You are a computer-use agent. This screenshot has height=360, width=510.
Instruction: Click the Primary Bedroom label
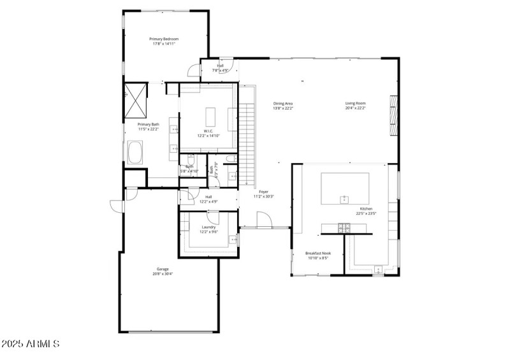click(164, 39)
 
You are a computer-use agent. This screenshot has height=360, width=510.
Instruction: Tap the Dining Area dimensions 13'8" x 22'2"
click(283, 108)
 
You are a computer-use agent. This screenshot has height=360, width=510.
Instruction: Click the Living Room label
click(356, 103)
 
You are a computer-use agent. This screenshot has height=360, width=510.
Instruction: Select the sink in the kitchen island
click(345, 199)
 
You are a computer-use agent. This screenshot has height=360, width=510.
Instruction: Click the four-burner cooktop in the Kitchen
click(344, 227)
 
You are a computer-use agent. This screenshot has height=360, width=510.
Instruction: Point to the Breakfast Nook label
click(317, 253)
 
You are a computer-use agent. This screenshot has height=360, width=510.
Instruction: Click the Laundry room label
click(208, 227)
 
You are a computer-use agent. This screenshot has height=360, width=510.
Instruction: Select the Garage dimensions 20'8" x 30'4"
click(163, 274)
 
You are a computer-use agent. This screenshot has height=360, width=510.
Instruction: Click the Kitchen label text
click(366, 209)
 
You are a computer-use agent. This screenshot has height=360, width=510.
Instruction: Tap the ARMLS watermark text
click(31, 344)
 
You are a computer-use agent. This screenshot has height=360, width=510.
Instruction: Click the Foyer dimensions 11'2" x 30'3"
click(263, 196)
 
